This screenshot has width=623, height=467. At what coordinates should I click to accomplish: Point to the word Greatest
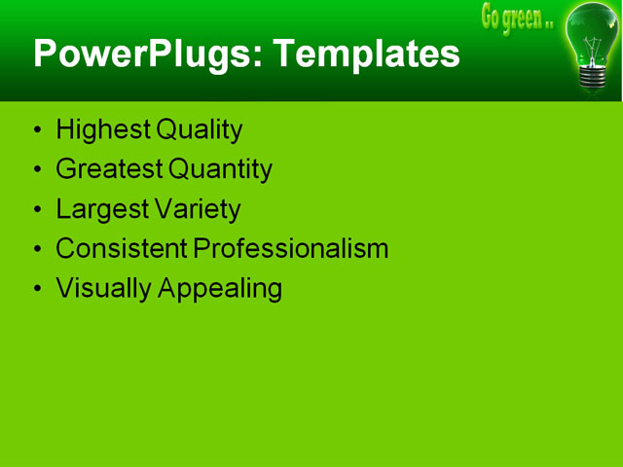(109, 169)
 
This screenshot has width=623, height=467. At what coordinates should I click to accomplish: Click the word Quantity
(220, 169)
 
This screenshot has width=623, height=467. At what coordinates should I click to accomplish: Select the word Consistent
(122, 249)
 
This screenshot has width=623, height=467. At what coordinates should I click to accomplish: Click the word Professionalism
(290, 249)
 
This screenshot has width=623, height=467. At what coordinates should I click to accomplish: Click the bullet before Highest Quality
(37, 130)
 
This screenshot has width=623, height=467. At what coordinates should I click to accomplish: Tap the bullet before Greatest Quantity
(37, 170)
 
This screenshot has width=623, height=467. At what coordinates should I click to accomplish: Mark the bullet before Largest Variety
(37, 210)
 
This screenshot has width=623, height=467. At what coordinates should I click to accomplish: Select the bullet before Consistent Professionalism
(37, 250)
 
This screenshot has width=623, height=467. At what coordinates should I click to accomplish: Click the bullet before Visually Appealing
(37, 290)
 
